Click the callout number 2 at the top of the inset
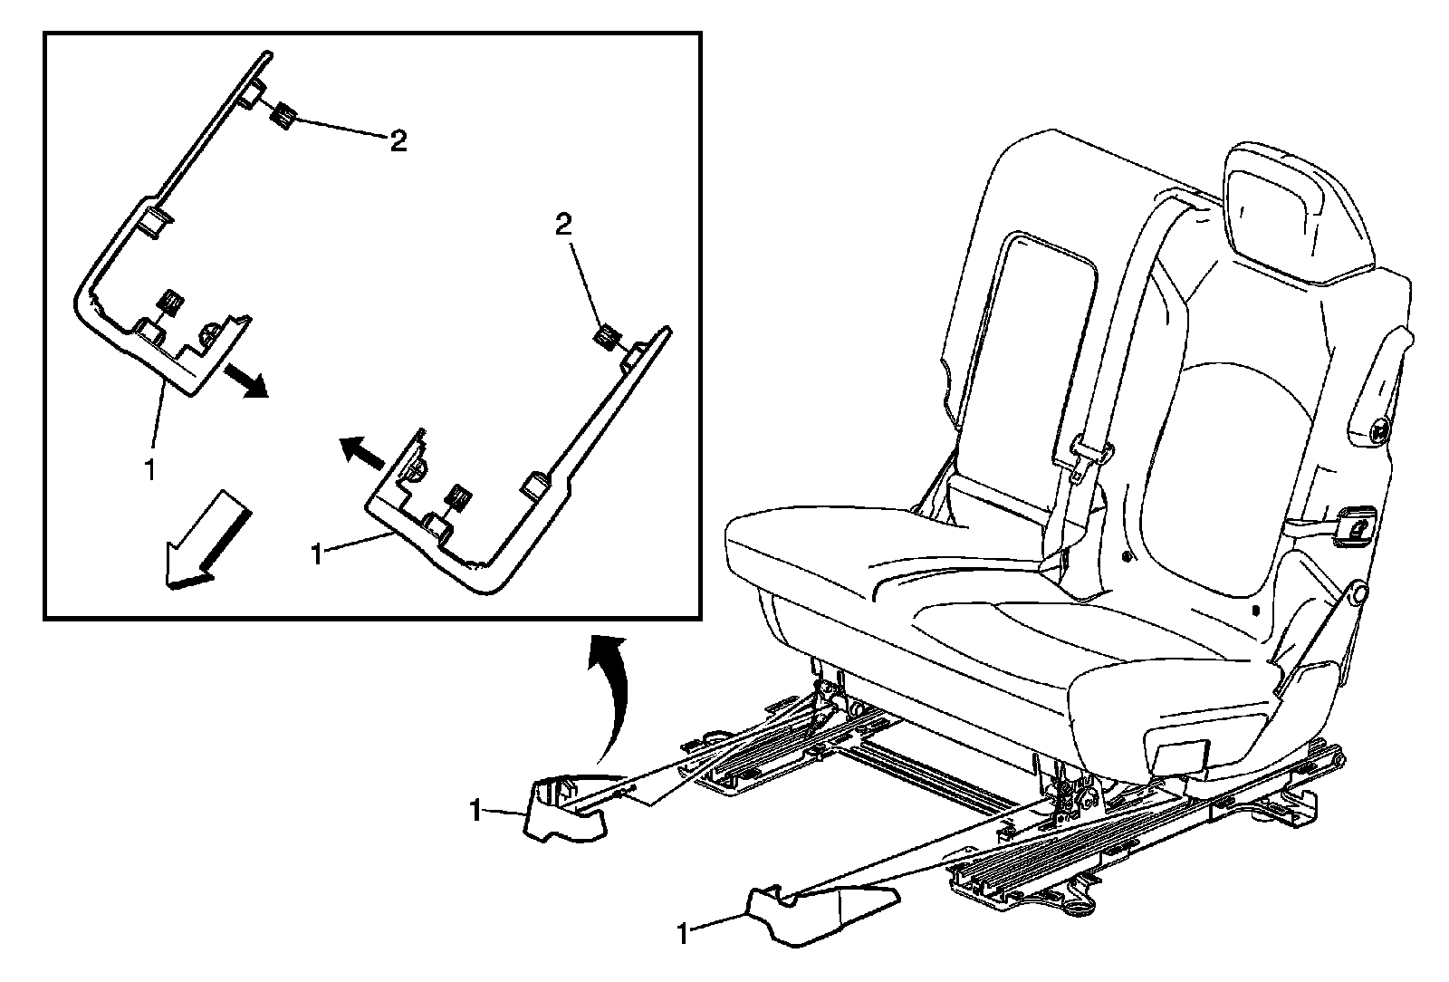398,141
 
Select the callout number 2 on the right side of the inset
563,226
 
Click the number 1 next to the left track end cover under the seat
475,811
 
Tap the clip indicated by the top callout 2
283,115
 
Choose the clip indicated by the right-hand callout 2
605,339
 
